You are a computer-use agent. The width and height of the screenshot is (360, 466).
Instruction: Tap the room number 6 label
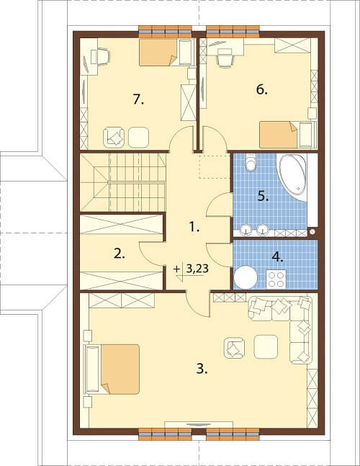click(261, 89)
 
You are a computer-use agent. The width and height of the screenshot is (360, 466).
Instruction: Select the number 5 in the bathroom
click(263, 196)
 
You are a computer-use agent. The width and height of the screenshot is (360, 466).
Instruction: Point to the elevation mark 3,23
click(197, 269)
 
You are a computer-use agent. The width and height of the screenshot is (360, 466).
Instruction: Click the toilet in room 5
click(251, 162)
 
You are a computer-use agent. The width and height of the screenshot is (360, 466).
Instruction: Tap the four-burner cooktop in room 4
click(276, 279)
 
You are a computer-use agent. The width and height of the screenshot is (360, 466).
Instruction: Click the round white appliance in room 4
click(246, 277)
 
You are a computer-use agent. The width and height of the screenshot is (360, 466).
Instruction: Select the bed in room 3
click(112, 369)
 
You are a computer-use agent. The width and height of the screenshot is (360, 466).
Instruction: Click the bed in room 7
click(166, 52)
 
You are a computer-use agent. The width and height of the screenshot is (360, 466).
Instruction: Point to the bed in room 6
click(287, 135)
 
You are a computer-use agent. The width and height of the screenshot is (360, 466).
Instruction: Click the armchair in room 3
click(234, 347)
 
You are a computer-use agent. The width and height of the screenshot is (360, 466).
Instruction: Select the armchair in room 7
click(114, 138)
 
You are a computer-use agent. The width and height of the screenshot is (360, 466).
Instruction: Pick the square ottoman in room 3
click(266, 347)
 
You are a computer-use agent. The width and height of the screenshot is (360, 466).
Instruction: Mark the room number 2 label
click(119, 254)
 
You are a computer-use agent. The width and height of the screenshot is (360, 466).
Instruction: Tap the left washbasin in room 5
click(246, 230)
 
